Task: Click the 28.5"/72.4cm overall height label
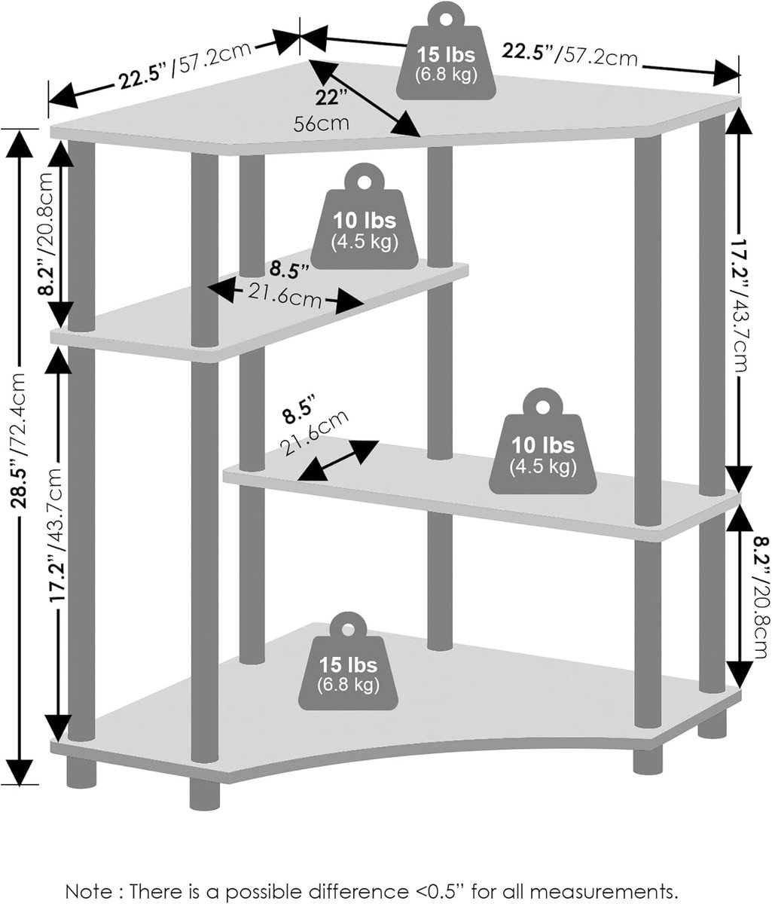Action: [20, 441]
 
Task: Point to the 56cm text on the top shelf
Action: [322, 124]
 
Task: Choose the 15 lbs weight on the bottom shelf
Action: [348, 661]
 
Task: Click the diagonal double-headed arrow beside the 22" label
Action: [364, 98]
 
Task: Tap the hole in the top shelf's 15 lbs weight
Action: [446, 20]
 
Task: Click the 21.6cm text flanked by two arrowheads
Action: [285, 295]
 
